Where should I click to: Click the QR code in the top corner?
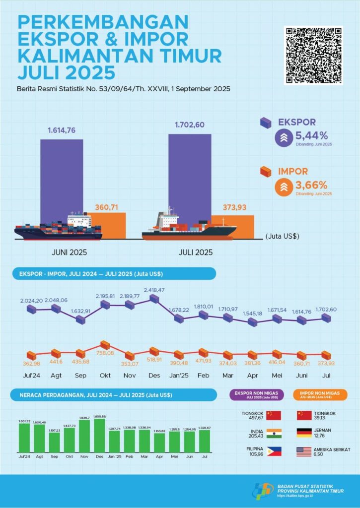314,55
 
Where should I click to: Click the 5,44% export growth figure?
312,135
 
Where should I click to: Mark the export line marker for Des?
154,299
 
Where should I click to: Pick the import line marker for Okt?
105,345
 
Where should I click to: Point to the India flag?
274,433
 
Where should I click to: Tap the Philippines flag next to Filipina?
274,451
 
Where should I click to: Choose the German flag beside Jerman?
304,433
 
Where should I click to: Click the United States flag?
304,451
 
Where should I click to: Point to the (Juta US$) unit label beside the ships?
283,237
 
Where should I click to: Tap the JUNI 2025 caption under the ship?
70,252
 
